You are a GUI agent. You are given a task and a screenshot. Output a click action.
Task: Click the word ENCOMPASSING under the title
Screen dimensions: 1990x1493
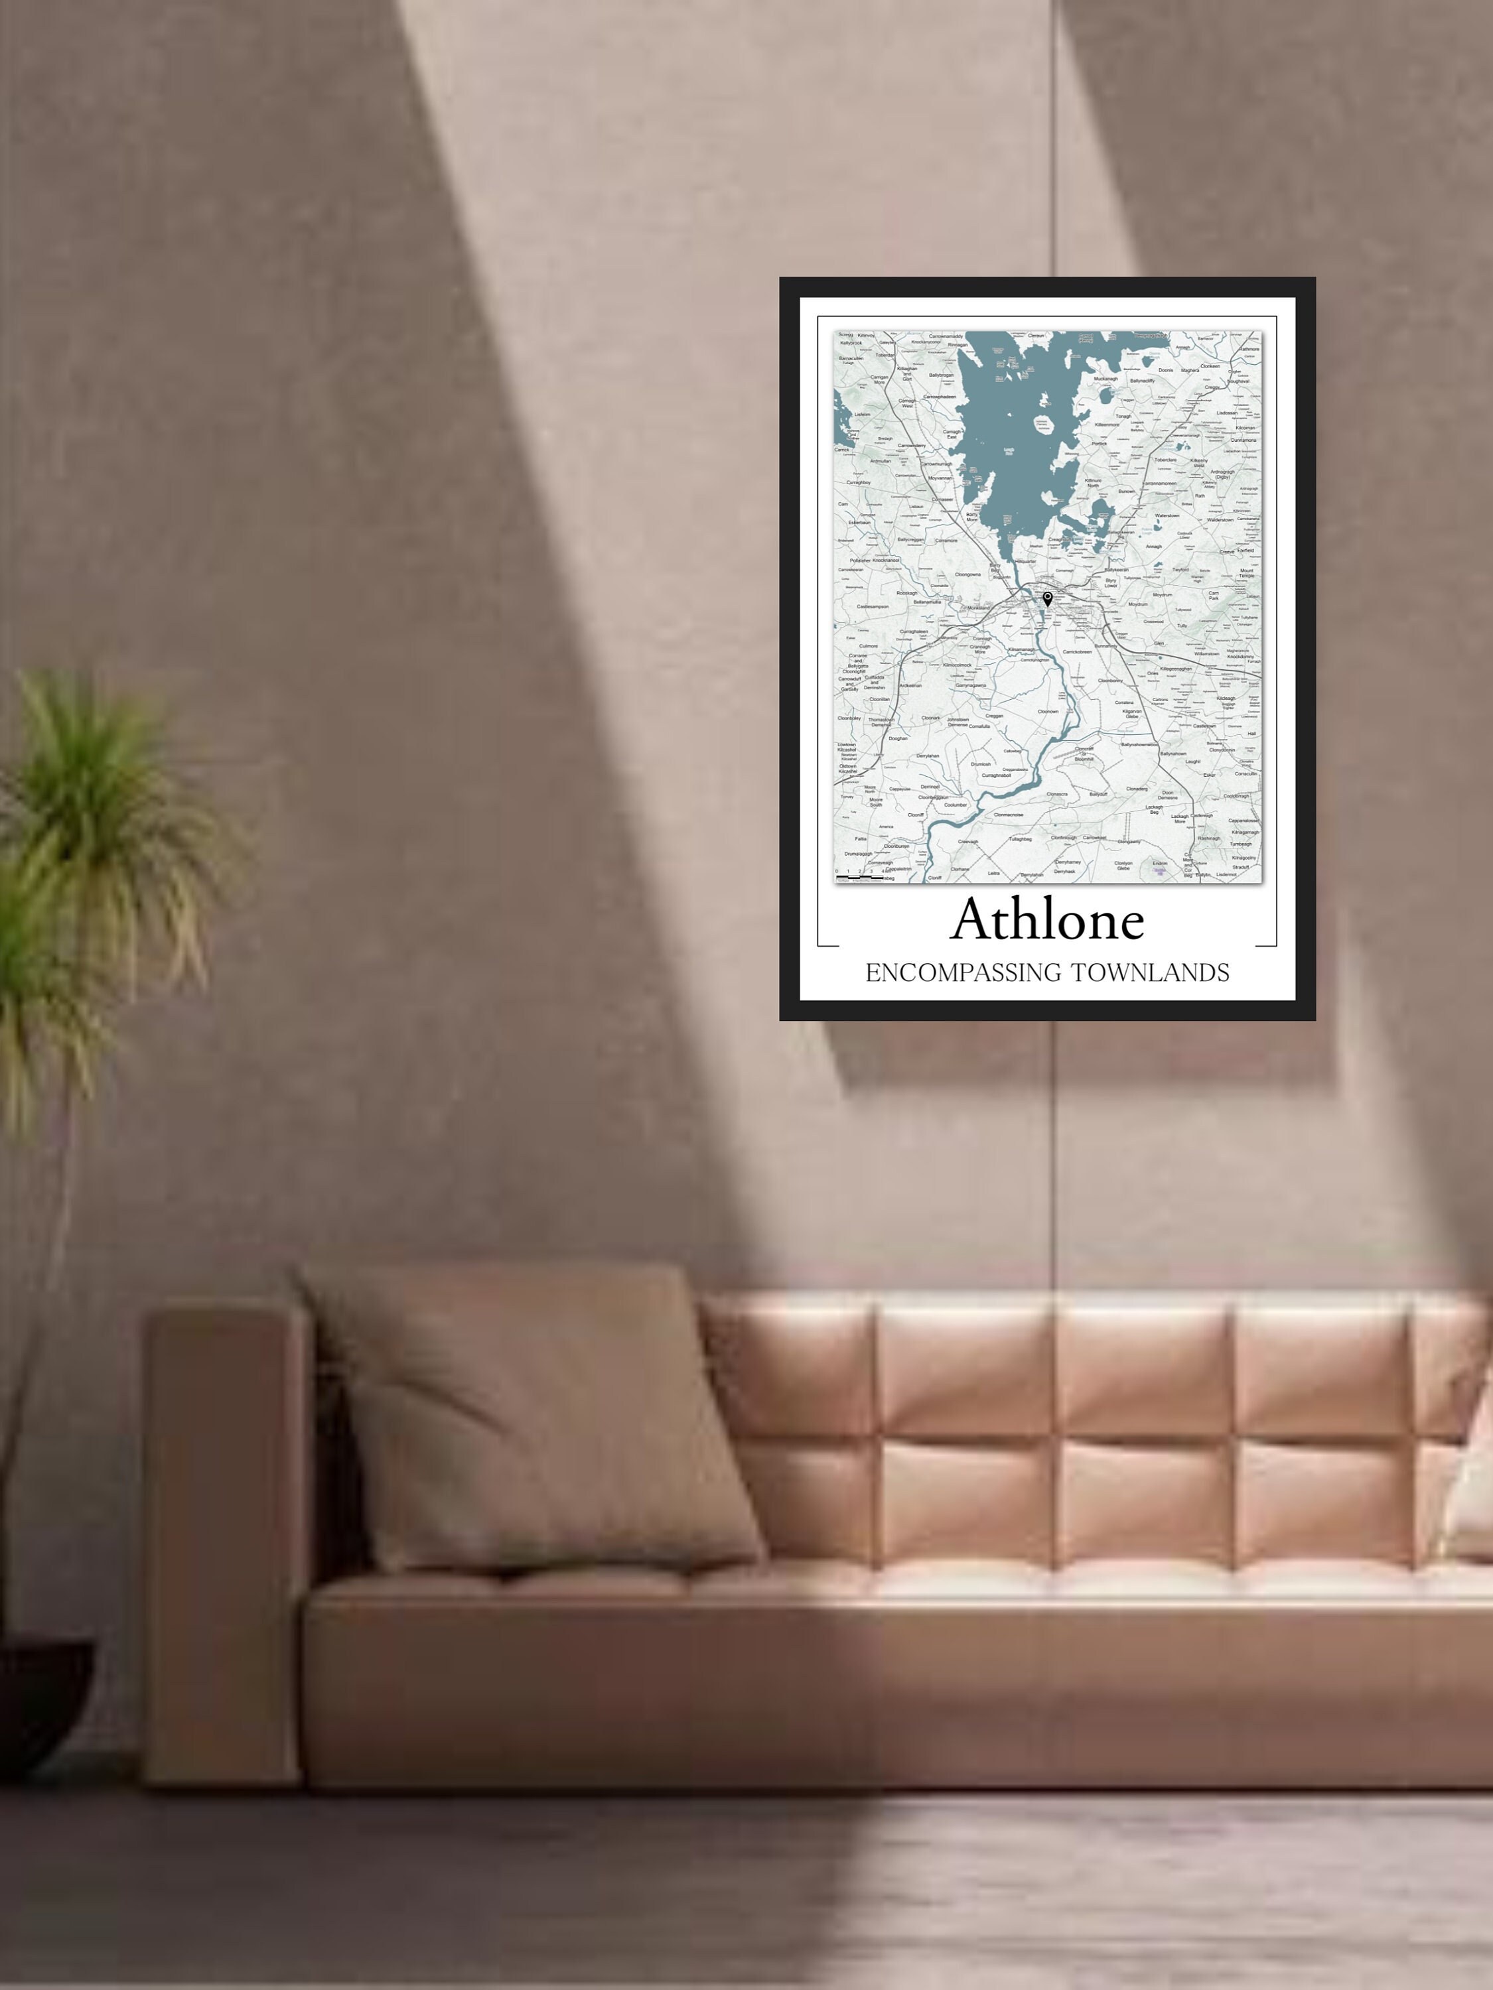pos(963,972)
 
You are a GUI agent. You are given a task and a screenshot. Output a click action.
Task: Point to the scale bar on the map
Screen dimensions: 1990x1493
pos(859,876)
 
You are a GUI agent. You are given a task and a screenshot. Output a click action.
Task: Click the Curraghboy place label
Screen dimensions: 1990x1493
pos(859,482)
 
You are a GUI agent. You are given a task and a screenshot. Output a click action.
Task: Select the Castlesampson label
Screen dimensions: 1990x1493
pos(872,606)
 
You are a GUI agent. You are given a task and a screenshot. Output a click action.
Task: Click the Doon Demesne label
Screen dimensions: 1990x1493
pos(1167,795)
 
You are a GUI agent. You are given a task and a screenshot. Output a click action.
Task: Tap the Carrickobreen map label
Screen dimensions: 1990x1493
pos(1076,651)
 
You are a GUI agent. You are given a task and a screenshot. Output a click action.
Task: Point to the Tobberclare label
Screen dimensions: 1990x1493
pos(1165,460)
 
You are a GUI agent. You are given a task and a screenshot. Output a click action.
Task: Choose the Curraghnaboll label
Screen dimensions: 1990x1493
pos(996,775)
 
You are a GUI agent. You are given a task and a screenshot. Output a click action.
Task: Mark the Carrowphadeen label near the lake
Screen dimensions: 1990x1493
pos(940,396)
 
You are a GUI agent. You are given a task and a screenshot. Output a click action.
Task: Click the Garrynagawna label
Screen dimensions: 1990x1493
pos(970,685)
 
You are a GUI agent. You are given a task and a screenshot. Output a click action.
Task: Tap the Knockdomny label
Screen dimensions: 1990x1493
pos(1240,657)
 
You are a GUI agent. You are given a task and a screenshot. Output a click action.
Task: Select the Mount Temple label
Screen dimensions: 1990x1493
pos(1246,573)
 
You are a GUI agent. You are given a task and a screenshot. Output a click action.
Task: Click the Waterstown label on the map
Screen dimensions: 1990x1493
pos(1167,515)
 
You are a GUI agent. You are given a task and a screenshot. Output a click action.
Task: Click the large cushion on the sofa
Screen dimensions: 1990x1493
pos(531,1412)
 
